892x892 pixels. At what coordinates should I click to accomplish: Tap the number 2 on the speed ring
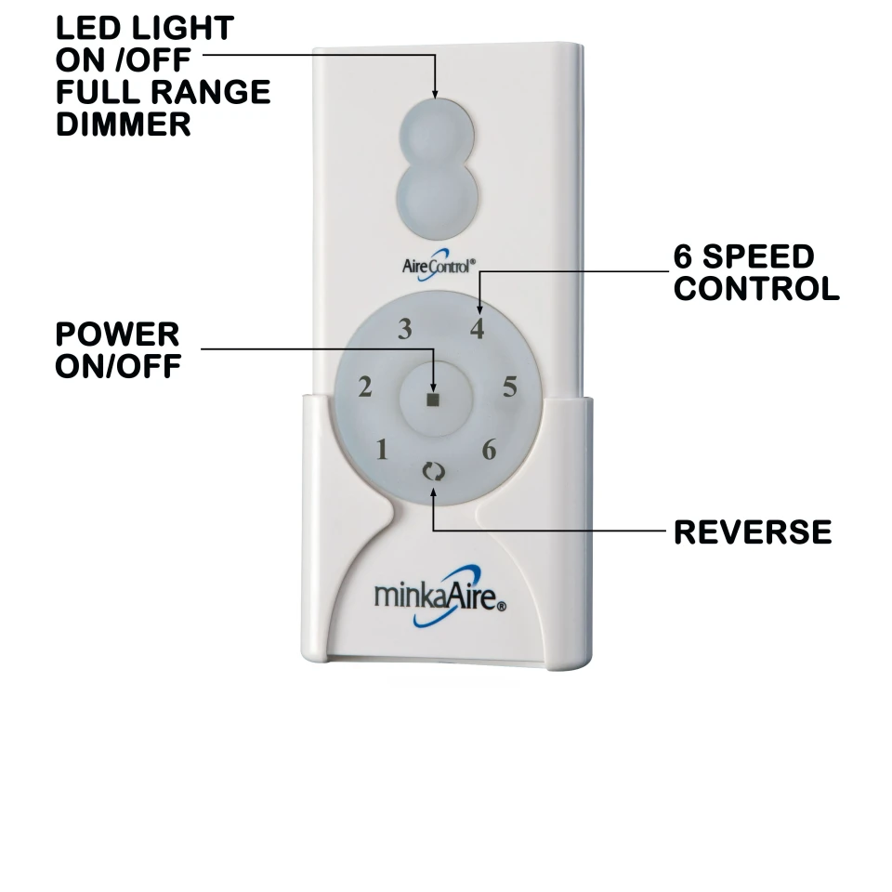pyautogui.click(x=365, y=387)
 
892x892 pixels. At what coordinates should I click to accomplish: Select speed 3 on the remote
pyautogui.click(x=404, y=329)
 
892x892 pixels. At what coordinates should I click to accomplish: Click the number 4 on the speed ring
pyautogui.click(x=478, y=329)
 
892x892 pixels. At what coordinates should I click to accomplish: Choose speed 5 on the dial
pyautogui.click(x=510, y=387)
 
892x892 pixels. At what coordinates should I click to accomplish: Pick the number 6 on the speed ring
pyautogui.click(x=490, y=450)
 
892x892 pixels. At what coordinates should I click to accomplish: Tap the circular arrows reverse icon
pyautogui.click(x=434, y=472)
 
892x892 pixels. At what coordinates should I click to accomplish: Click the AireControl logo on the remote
pyautogui.click(x=438, y=265)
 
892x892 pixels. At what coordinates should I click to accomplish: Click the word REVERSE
pyautogui.click(x=753, y=532)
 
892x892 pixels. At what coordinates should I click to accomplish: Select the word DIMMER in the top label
pyautogui.click(x=124, y=124)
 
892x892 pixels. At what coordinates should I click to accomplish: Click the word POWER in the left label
pyautogui.click(x=117, y=334)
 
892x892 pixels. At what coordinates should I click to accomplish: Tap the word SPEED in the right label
pyautogui.click(x=758, y=256)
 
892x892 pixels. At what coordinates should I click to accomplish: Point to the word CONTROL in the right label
pyautogui.click(x=756, y=289)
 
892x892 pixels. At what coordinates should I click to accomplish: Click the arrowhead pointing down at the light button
pyautogui.click(x=435, y=94)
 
